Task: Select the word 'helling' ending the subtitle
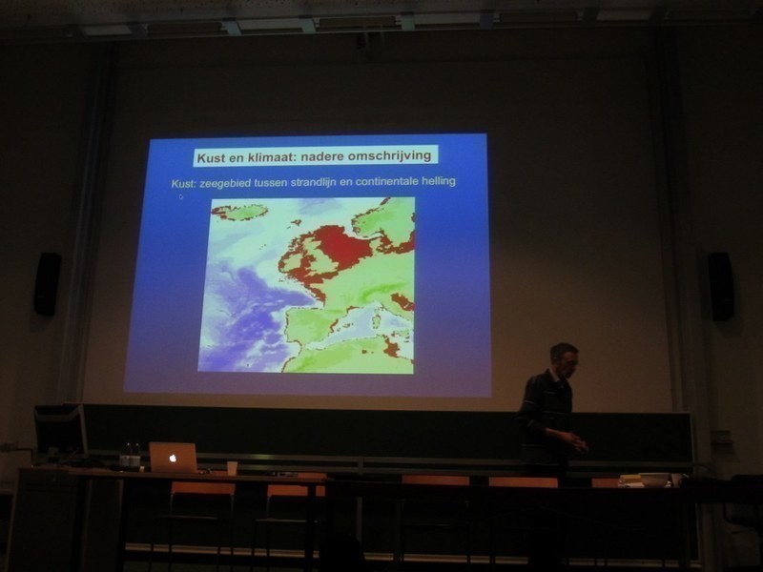pos(439,181)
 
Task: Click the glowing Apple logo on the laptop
pos(173,459)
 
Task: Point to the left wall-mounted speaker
pos(47,284)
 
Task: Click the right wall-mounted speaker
pos(721,286)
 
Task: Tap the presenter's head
pos(565,359)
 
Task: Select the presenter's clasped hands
pos(579,444)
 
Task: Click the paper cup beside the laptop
pos(232,468)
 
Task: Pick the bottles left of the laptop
pos(131,457)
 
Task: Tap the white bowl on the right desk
pos(654,480)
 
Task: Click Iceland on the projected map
pos(240,212)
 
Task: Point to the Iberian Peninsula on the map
pos(309,325)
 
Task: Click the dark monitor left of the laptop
pos(60,431)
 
